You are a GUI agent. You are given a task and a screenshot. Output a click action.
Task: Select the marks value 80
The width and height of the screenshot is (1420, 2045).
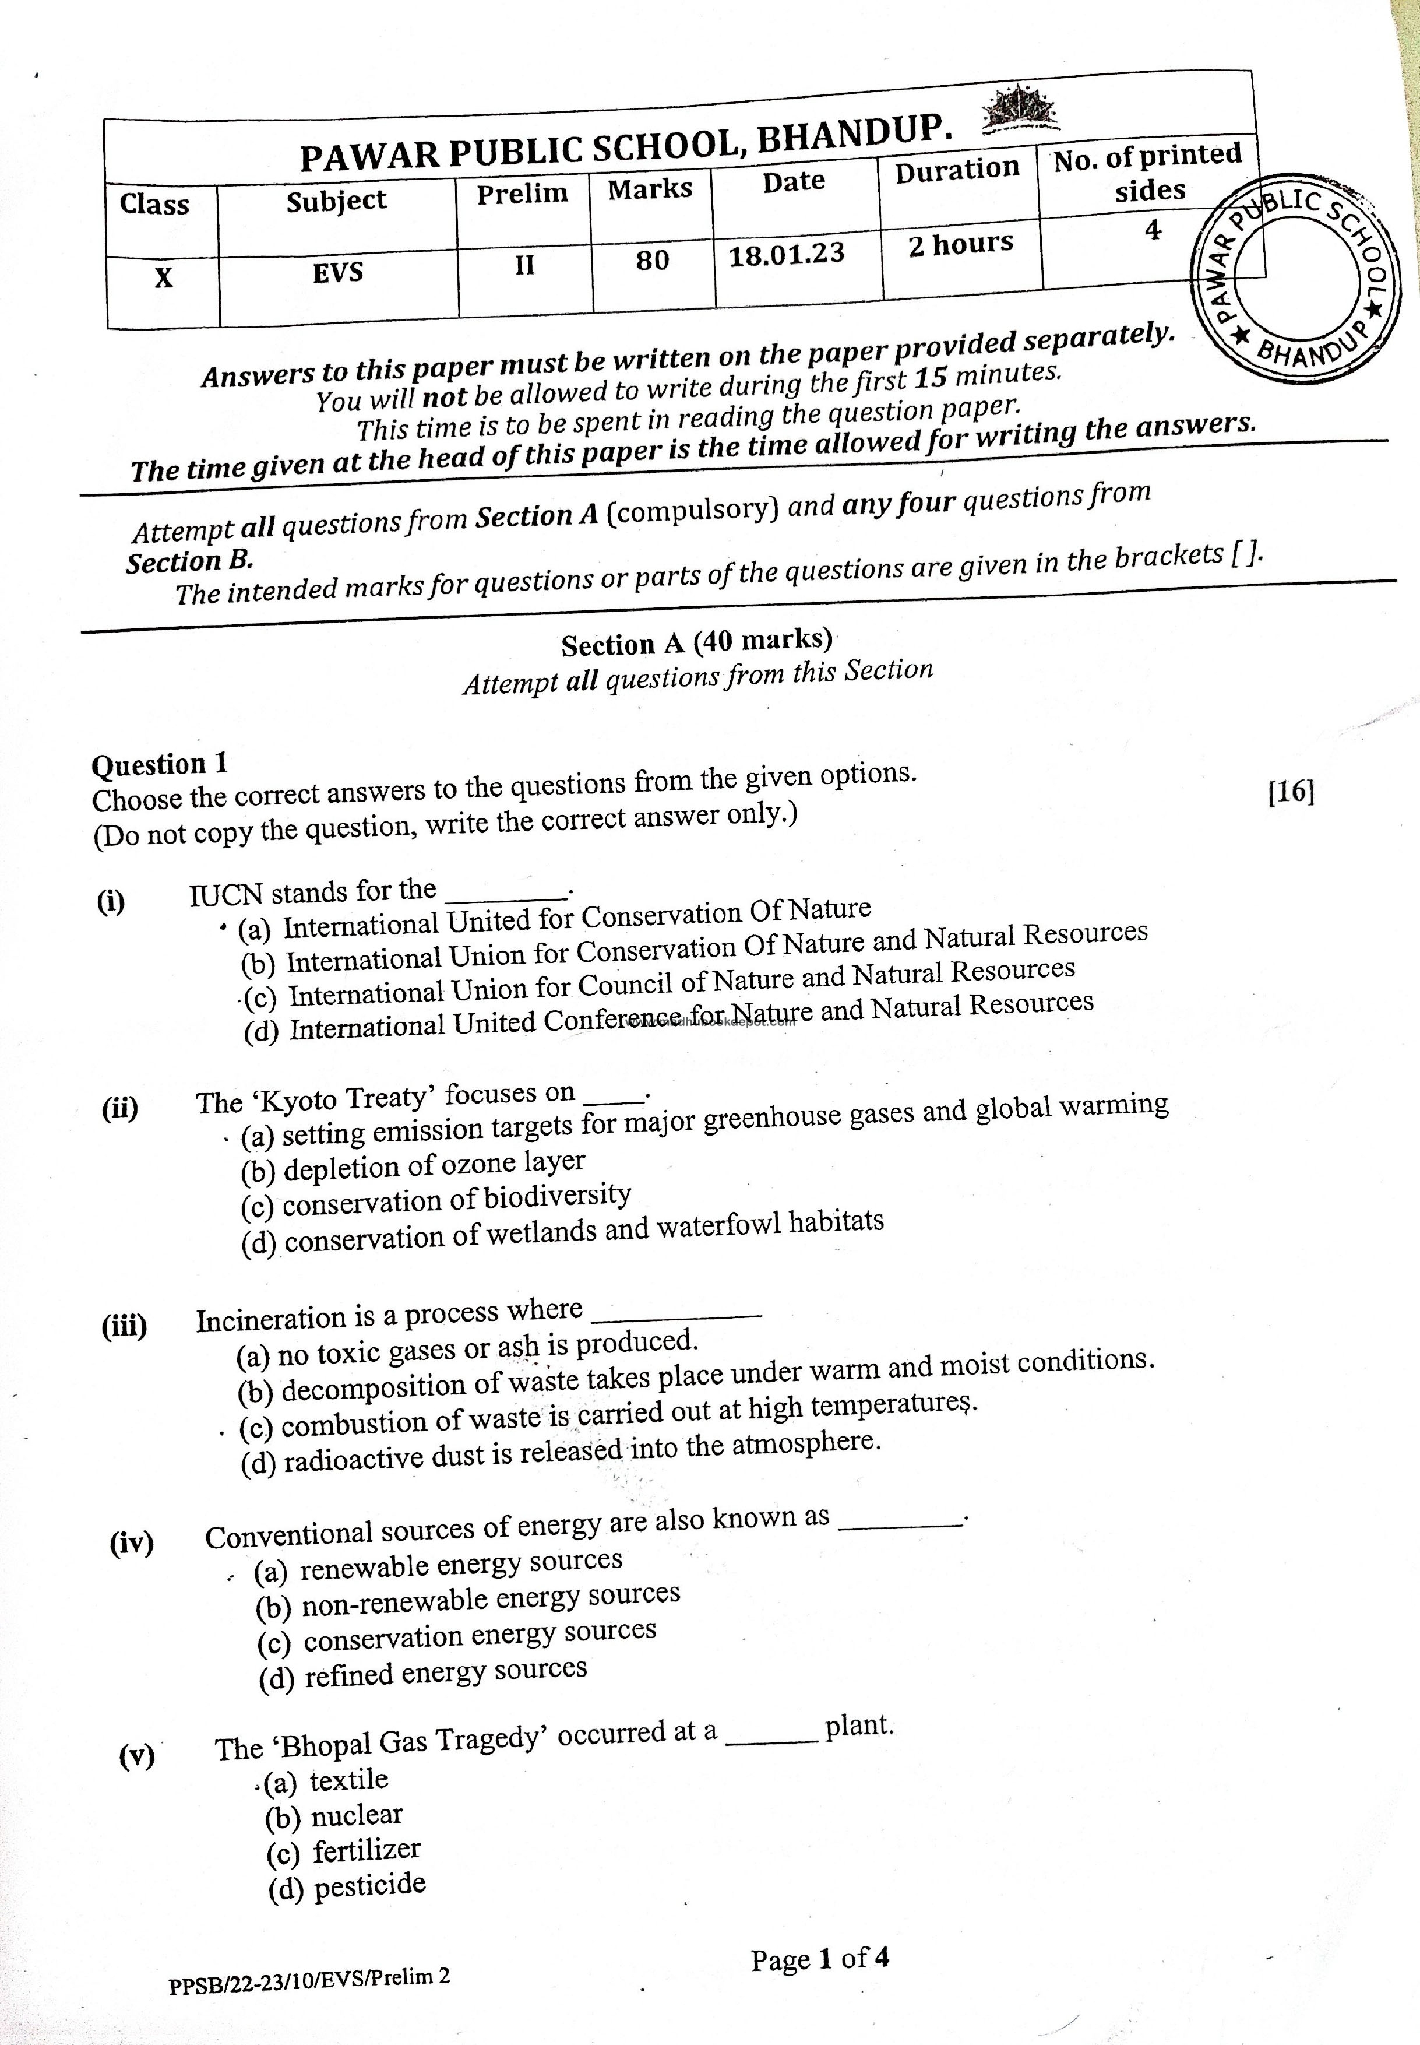(652, 260)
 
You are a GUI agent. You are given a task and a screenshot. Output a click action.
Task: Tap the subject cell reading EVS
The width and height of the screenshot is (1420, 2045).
(338, 272)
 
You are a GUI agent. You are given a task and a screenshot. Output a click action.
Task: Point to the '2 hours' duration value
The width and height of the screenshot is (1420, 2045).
(961, 244)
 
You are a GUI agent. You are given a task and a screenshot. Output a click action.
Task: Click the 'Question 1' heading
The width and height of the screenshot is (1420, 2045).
(160, 764)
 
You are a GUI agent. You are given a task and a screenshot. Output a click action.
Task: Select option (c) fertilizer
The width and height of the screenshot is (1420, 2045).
(343, 1851)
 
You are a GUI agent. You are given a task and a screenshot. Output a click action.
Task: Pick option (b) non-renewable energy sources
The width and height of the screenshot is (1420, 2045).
(468, 1599)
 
